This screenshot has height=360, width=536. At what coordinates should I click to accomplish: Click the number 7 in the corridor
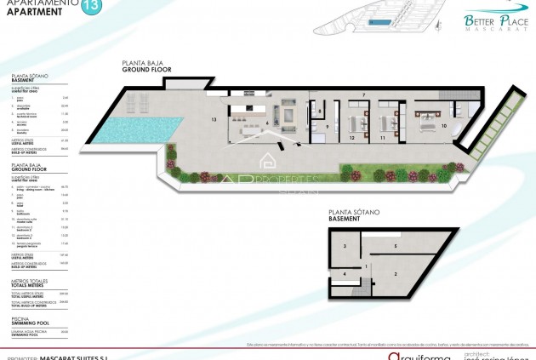[x=362, y=94]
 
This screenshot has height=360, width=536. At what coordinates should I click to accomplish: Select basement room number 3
[x=345, y=246]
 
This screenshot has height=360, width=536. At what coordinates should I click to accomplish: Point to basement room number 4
[x=345, y=274]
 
